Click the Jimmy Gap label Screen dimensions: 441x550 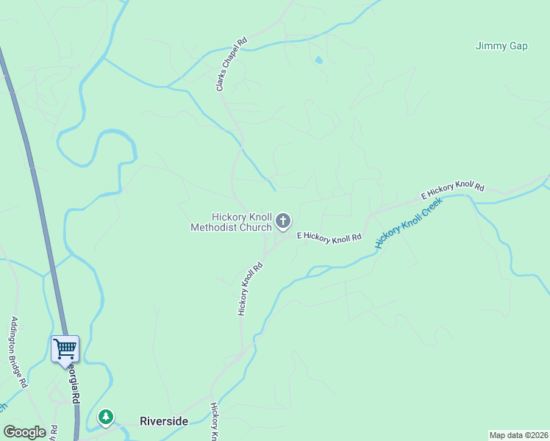click(501, 46)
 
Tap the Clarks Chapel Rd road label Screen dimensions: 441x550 click(230, 65)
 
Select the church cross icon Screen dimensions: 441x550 click(283, 220)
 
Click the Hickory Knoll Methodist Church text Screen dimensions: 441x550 click(231, 222)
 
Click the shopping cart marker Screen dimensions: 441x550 click(65, 348)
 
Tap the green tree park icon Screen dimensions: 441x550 click(107, 418)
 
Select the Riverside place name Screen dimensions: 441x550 click(164, 421)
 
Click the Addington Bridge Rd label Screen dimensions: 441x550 click(19, 352)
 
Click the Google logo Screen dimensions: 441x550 click(24, 431)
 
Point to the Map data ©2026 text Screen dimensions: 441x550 click(518, 435)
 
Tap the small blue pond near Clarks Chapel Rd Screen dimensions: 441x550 click(318, 60)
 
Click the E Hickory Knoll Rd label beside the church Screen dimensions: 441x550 click(329, 237)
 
